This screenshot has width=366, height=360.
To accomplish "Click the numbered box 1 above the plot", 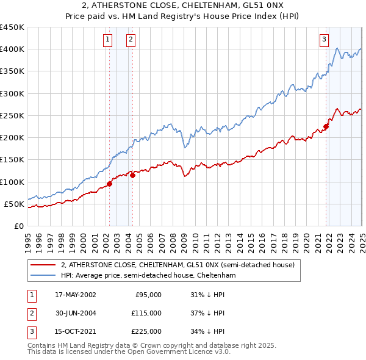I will tap(107, 40).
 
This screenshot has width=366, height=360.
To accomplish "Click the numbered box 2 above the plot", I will tap(131, 40).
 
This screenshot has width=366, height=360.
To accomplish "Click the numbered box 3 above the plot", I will tap(324, 40).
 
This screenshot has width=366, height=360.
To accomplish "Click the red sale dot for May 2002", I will tap(110, 184).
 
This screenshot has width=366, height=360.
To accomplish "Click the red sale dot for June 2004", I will tap(133, 175).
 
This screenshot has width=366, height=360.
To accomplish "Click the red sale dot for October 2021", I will tap(326, 127).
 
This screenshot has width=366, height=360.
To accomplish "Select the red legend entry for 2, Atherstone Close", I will tap(178, 265).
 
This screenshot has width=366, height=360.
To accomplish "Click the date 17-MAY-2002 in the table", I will tap(76, 295).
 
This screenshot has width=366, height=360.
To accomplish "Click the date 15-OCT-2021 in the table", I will tap(76, 332).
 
